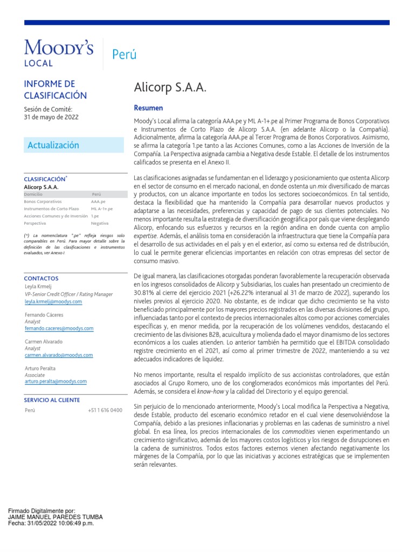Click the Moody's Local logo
59,53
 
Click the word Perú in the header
124,54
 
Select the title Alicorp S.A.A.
170,88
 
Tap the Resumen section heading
148,108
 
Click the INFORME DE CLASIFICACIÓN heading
56,89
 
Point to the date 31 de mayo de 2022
51,118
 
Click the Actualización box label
53,145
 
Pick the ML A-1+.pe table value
102,209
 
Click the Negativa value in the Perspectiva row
100,223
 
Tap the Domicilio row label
33,194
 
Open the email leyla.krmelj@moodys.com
53,302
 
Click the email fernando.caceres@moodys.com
59,328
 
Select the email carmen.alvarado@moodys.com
59,355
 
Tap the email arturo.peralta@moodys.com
56,382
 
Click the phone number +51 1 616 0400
105,411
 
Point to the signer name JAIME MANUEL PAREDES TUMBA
56,517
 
